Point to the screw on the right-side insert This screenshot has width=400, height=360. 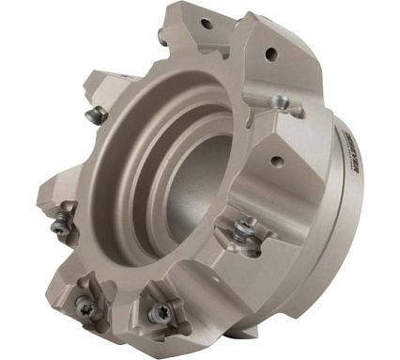point(246,228)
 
